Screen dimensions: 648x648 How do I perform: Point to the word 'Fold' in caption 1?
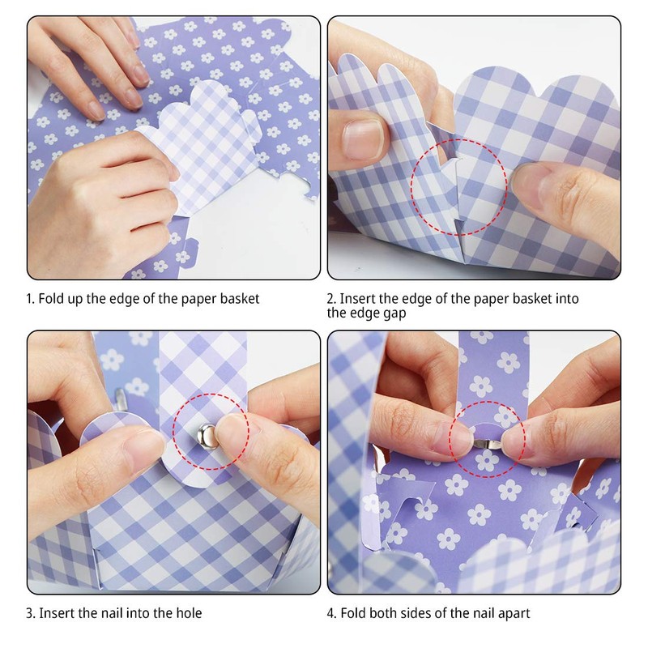pos(52,299)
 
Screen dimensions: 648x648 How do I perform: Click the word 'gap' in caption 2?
pos(394,313)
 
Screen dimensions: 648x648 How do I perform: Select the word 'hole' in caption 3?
pos(187,613)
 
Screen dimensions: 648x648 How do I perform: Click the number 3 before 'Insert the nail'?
pos(30,613)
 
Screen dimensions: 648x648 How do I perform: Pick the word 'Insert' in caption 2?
pos(358,299)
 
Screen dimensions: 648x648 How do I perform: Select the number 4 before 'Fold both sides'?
pos(330,613)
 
